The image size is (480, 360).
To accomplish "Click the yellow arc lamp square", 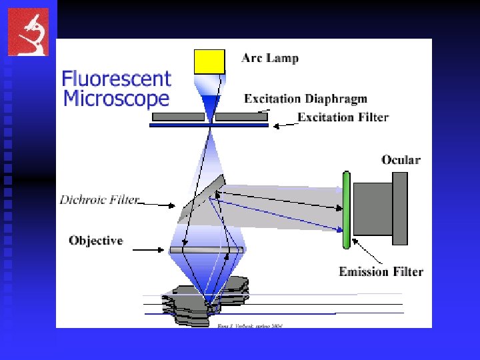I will click(x=209, y=61).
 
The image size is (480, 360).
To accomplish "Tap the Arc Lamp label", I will click(x=269, y=58).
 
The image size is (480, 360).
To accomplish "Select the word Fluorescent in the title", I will click(x=117, y=79).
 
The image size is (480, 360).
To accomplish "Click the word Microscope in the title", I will click(x=116, y=99).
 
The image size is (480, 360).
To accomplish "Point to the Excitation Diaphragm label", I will click(x=305, y=99).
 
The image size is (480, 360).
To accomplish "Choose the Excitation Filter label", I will click(x=343, y=117).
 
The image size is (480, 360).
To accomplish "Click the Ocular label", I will click(x=401, y=160).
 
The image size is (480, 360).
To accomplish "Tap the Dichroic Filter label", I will click(x=99, y=199).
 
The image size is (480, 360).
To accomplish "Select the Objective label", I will click(x=96, y=241).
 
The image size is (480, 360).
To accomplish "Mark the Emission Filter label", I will click(x=381, y=271).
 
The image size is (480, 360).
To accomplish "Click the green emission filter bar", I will click(x=346, y=209).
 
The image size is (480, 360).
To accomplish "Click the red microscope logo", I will click(x=28, y=31).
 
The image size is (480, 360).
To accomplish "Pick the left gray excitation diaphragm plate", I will click(x=178, y=117).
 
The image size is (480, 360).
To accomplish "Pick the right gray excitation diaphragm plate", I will click(x=241, y=117).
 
